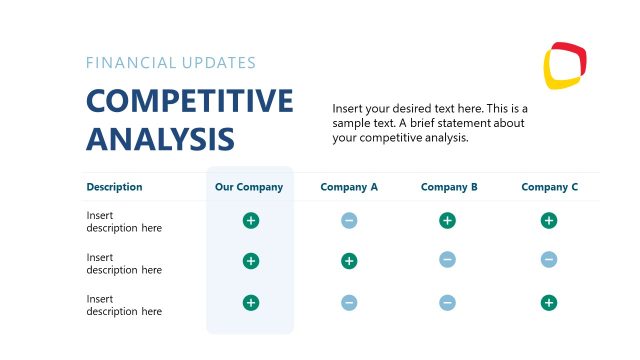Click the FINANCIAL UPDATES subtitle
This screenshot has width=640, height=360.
tap(171, 63)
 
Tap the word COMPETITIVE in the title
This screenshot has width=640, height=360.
tap(190, 102)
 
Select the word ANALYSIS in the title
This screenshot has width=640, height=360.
tap(161, 138)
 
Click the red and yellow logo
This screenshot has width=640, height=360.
tap(565, 65)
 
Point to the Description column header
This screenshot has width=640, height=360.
tap(114, 187)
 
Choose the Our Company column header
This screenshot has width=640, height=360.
tap(249, 187)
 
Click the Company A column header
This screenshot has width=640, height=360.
tap(349, 187)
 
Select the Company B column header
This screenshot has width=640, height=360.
tap(449, 187)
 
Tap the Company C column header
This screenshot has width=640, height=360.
tap(550, 187)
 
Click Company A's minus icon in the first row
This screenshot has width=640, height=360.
tap(349, 221)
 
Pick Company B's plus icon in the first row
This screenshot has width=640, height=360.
tap(447, 221)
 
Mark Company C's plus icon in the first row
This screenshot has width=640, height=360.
tap(549, 221)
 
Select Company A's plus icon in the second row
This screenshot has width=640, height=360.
tap(349, 261)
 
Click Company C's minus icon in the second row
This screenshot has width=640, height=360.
tap(549, 260)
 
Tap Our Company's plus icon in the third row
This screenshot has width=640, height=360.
tap(251, 302)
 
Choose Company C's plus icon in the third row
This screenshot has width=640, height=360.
tap(549, 302)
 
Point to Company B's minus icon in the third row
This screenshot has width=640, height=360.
tap(447, 302)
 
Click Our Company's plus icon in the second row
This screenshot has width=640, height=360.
tap(251, 261)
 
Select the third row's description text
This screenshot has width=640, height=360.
tap(124, 305)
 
